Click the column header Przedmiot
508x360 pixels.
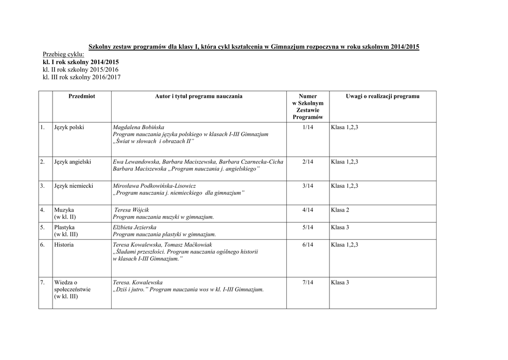point(81,96)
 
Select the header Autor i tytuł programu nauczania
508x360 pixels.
point(198,96)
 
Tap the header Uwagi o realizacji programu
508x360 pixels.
point(382,96)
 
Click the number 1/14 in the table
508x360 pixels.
point(308,128)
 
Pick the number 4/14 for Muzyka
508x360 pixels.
point(308,210)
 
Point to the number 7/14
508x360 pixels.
point(308,283)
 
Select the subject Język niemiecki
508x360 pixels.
point(74,186)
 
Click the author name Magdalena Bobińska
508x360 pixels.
point(138,128)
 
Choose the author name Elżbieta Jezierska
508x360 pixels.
point(135,227)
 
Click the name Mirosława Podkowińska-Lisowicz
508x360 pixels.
point(155,186)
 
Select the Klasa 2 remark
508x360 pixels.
point(340,210)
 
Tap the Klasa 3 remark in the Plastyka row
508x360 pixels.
point(340,227)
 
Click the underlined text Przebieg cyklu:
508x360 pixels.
point(63,54)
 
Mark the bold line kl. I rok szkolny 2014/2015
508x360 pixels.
point(81,62)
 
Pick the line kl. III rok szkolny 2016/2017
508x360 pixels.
point(82,77)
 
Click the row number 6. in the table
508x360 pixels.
point(43,245)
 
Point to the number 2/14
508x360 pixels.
point(308,162)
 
